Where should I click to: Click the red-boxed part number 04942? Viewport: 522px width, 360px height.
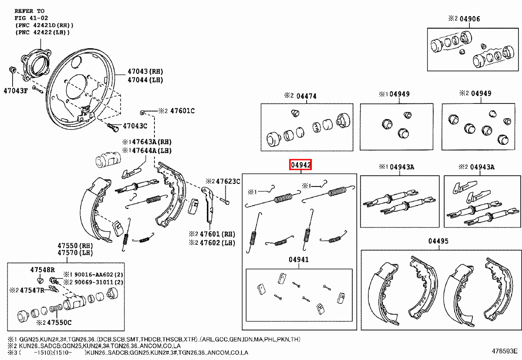pyautogui.click(x=301, y=165)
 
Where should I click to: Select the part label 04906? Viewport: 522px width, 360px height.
pyautogui.click(x=470, y=19)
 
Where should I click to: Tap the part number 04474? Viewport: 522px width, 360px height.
pyautogui.click(x=306, y=96)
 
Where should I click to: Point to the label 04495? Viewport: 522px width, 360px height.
pyautogui.click(x=438, y=241)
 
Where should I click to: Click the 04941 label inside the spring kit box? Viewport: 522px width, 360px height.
pyautogui.click(x=298, y=260)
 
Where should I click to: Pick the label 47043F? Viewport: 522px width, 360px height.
pyautogui.click(x=16, y=91)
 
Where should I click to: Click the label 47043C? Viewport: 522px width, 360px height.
pyautogui.click(x=135, y=126)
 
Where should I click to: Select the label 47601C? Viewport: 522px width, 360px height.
pyautogui.click(x=182, y=111)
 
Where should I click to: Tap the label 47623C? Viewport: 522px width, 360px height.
pyautogui.click(x=228, y=181)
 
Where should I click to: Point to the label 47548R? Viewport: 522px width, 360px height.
pyautogui.click(x=43, y=270)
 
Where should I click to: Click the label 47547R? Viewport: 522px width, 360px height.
pyautogui.click(x=32, y=290)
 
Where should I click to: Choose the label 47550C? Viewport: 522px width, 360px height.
pyautogui.click(x=59, y=323)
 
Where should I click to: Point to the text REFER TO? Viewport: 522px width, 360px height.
pyautogui.click(x=30, y=10)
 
